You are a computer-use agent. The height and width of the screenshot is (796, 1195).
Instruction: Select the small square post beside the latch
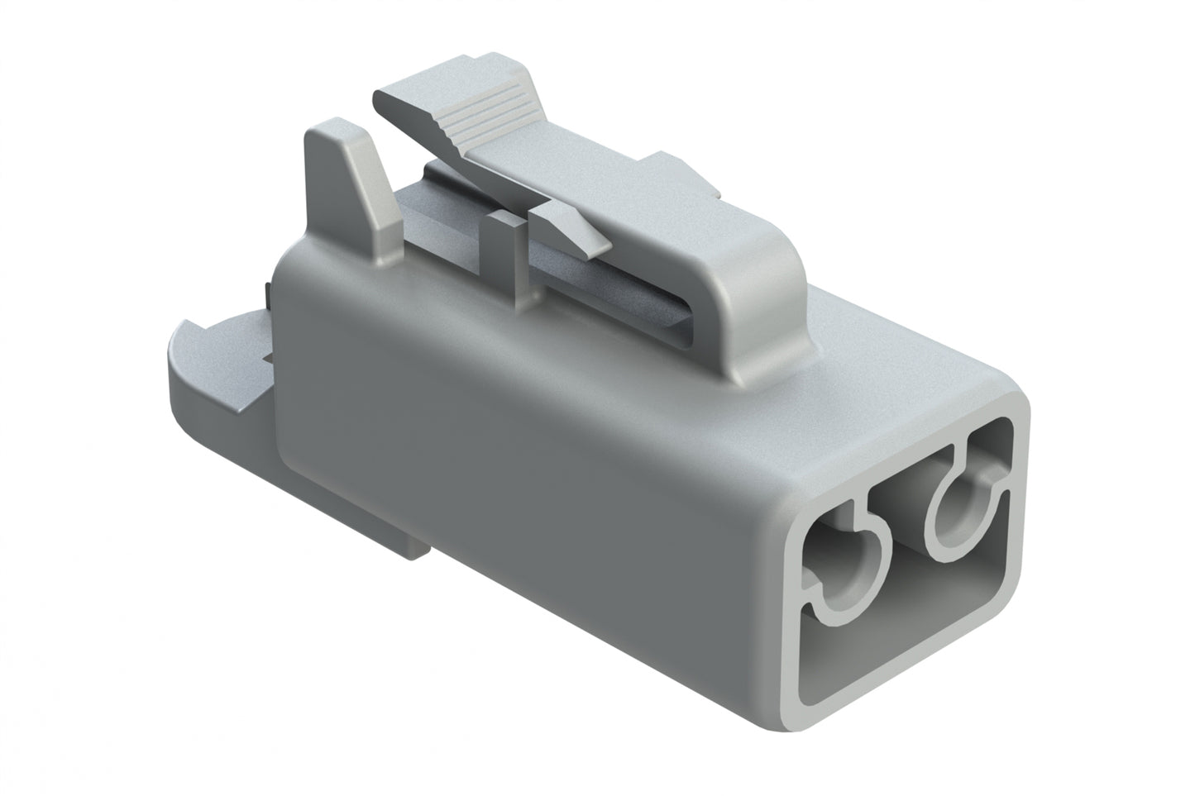click(503, 240)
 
